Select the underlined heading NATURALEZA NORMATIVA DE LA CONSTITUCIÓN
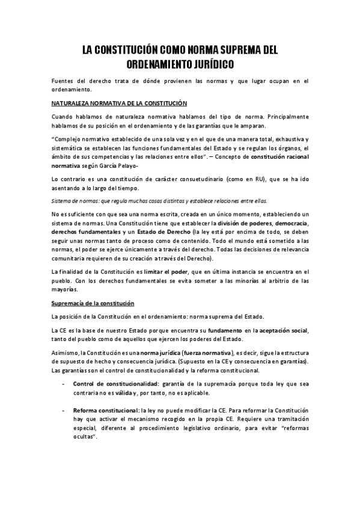120,103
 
